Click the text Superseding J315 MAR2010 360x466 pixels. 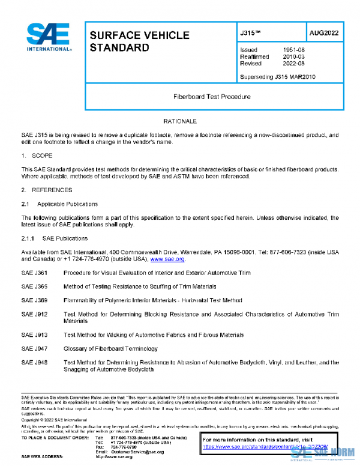(x=277, y=77)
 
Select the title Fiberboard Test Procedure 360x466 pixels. (x=212, y=96)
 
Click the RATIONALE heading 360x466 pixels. (x=180, y=121)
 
